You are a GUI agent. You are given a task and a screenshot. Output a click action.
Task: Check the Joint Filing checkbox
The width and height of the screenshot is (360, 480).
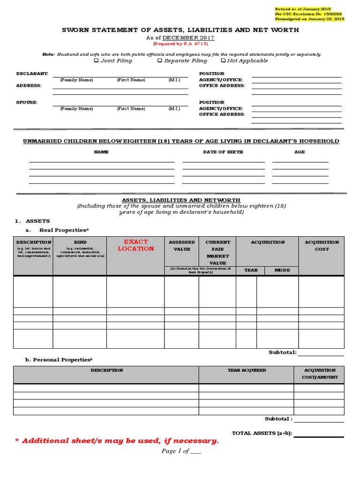pyautogui.click(x=97, y=60)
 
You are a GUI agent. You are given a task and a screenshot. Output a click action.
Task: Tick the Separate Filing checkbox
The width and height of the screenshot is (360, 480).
pyautogui.click(x=160, y=60)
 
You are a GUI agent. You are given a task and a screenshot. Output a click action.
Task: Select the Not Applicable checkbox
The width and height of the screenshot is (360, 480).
pyautogui.click(x=223, y=60)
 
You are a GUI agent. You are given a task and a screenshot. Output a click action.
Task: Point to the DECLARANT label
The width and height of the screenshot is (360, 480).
pyautogui.click(x=32, y=74)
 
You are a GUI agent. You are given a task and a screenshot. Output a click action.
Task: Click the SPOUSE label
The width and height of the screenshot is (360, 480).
pyautogui.click(x=26, y=102)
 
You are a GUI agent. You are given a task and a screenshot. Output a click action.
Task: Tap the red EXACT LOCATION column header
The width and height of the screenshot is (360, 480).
pyautogui.click(x=135, y=245)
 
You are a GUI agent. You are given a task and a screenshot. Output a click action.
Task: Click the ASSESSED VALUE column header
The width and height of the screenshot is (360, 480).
pyautogui.click(x=181, y=246)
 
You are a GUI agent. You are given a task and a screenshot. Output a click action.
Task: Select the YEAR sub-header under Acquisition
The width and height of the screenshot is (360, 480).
pyautogui.click(x=251, y=270)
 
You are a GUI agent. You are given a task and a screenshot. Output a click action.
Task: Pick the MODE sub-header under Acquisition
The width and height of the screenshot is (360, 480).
pyautogui.click(x=282, y=270)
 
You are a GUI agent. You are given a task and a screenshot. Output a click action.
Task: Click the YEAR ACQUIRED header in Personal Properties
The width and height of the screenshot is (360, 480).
pyautogui.click(x=247, y=370)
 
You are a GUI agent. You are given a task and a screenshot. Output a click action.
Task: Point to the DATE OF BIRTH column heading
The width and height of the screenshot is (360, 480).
pyautogui.click(x=223, y=152)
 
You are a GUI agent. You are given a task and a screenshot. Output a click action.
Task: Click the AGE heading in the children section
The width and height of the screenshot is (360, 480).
pyautogui.click(x=300, y=152)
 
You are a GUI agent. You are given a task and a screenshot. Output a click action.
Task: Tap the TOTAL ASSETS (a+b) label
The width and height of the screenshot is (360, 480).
pyautogui.click(x=262, y=433)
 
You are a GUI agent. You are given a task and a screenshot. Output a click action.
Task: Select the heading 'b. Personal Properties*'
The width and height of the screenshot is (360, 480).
pyautogui.click(x=59, y=360)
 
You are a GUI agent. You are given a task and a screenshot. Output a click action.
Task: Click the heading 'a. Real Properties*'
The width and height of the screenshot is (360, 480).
pyautogui.click(x=57, y=230)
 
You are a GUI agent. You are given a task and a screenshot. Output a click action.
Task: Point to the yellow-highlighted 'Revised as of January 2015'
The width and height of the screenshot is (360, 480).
pyautogui.click(x=303, y=9)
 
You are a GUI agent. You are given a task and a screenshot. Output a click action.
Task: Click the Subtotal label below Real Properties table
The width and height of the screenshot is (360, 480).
pyautogui.click(x=282, y=352)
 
